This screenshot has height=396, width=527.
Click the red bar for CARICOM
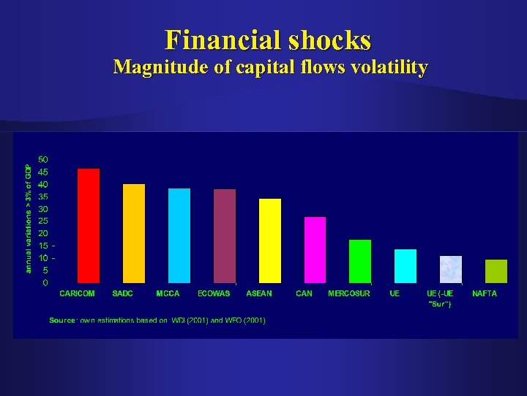pyautogui.click(x=89, y=226)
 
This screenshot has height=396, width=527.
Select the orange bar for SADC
pyautogui.click(x=134, y=233)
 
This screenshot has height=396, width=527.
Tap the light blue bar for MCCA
pyautogui.click(x=179, y=235)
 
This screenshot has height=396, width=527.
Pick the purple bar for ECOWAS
pyautogui.click(x=225, y=236)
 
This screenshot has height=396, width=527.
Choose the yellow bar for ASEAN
pyautogui.click(x=270, y=241)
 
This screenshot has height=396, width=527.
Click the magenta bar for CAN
pyautogui.click(x=315, y=250)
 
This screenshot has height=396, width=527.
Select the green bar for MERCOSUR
pyautogui.click(x=360, y=261)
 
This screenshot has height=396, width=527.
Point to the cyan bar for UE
pyautogui.click(x=405, y=266)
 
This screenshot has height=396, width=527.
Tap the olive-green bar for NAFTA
pyautogui.click(x=496, y=271)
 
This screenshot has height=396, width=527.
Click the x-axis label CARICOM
pyautogui.click(x=77, y=293)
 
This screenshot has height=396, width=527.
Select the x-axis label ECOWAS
pyautogui.click(x=214, y=293)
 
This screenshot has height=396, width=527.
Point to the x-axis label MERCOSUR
pyautogui.click(x=349, y=293)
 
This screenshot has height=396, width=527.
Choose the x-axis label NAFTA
pyautogui.click(x=485, y=293)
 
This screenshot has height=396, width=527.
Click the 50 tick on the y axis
pyautogui.click(x=43, y=159)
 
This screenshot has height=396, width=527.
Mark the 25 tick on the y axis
pyautogui.click(x=43, y=221)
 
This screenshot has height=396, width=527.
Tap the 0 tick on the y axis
pyautogui.click(x=45, y=282)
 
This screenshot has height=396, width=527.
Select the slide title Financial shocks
pyautogui.click(x=268, y=39)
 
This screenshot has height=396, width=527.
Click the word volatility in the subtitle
pyautogui.click(x=389, y=67)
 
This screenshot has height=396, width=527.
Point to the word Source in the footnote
pyautogui.click(x=62, y=320)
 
